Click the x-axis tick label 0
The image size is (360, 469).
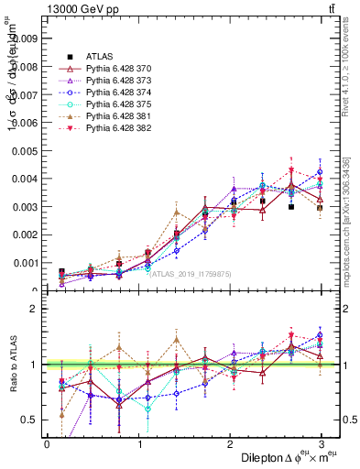tap(47, 443)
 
